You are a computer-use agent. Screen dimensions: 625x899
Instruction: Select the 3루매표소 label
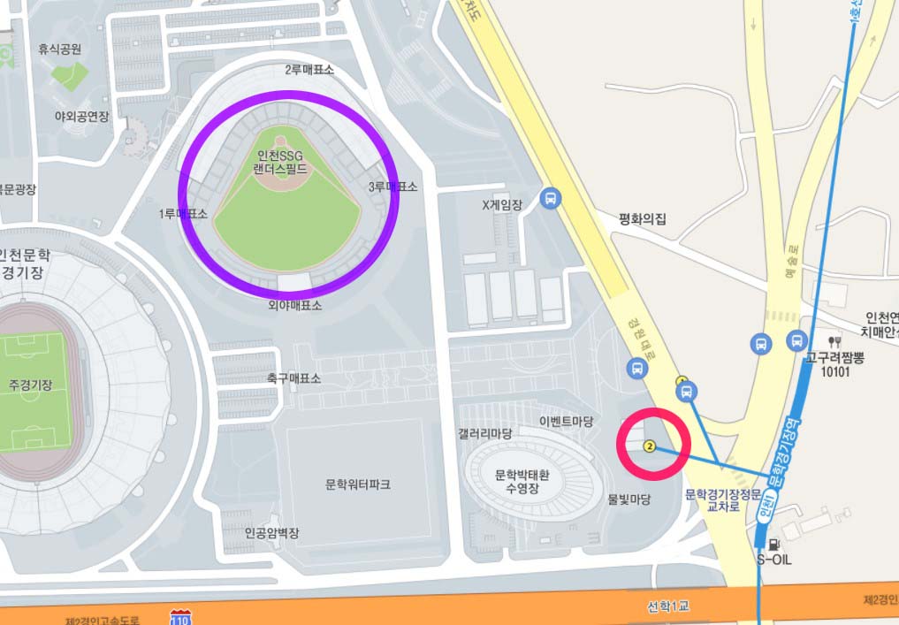tap(392, 187)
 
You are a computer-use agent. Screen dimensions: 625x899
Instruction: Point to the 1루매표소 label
tap(183, 214)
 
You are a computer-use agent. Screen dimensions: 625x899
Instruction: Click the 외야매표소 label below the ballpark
tap(295, 305)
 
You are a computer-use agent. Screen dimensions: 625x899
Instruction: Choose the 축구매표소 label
tap(293, 377)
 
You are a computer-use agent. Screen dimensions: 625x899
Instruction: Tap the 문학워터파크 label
tap(357, 484)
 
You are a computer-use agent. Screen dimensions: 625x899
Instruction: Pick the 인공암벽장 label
tap(271, 533)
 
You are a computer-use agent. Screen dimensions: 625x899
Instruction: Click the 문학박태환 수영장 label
tap(522, 481)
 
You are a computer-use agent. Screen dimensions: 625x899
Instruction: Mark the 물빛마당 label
tap(629, 499)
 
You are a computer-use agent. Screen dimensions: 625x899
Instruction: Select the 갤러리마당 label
tap(484, 433)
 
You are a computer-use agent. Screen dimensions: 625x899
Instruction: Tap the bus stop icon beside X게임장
tap(551, 199)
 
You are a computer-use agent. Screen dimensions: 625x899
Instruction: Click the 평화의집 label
tap(642, 218)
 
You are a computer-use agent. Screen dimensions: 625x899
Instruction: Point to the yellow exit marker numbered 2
tap(651, 446)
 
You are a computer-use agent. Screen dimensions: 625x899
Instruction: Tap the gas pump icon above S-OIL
tap(774, 545)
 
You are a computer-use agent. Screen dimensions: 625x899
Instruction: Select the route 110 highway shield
tap(180, 616)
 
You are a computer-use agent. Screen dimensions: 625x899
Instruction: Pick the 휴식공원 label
tap(59, 50)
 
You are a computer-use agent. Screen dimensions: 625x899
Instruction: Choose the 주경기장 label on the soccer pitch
tap(30, 385)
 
